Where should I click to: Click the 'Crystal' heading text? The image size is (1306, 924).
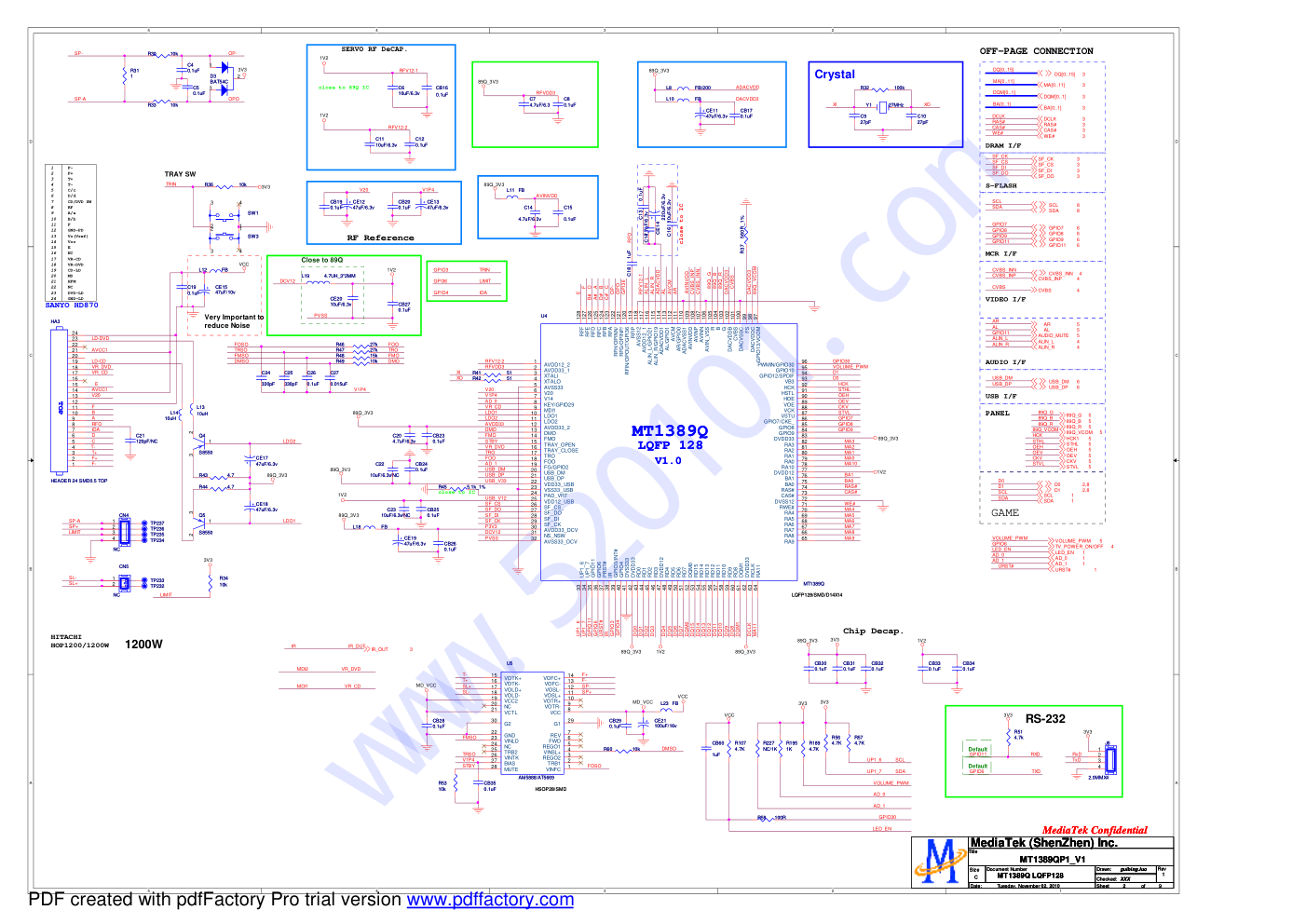click(x=834, y=75)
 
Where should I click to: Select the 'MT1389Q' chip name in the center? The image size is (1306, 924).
click(x=669, y=431)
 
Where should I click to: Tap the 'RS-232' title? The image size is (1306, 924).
click(x=1044, y=719)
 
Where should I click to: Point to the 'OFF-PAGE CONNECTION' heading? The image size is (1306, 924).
click(x=1036, y=51)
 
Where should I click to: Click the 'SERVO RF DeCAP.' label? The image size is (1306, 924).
click(x=374, y=49)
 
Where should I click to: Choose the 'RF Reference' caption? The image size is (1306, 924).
click(x=380, y=238)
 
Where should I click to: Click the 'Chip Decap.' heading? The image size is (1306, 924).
click(x=873, y=632)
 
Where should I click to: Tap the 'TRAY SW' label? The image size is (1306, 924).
click(x=180, y=174)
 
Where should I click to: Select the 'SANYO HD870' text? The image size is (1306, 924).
click(x=72, y=306)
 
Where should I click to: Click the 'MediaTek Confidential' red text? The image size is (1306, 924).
click(x=1094, y=830)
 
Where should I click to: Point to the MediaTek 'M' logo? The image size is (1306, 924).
click(x=939, y=862)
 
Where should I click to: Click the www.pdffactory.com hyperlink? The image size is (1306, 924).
click(x=490, y=900)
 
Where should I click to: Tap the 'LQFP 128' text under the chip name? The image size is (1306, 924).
click(x=669, y=445)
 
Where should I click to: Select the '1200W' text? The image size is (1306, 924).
click(x=143, y=645)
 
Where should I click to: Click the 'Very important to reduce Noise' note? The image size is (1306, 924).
click(x=234, y=321)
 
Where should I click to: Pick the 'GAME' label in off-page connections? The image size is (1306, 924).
click(x=1004, y=513)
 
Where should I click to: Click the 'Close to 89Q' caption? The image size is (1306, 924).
click(x=321, y=260)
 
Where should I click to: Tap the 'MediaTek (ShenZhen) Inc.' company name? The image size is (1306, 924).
click(x=1043, y=843)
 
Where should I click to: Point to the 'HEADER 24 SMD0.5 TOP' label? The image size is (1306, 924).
click(x=78, y=482)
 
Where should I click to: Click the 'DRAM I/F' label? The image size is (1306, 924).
click(x=1002, y=146)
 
